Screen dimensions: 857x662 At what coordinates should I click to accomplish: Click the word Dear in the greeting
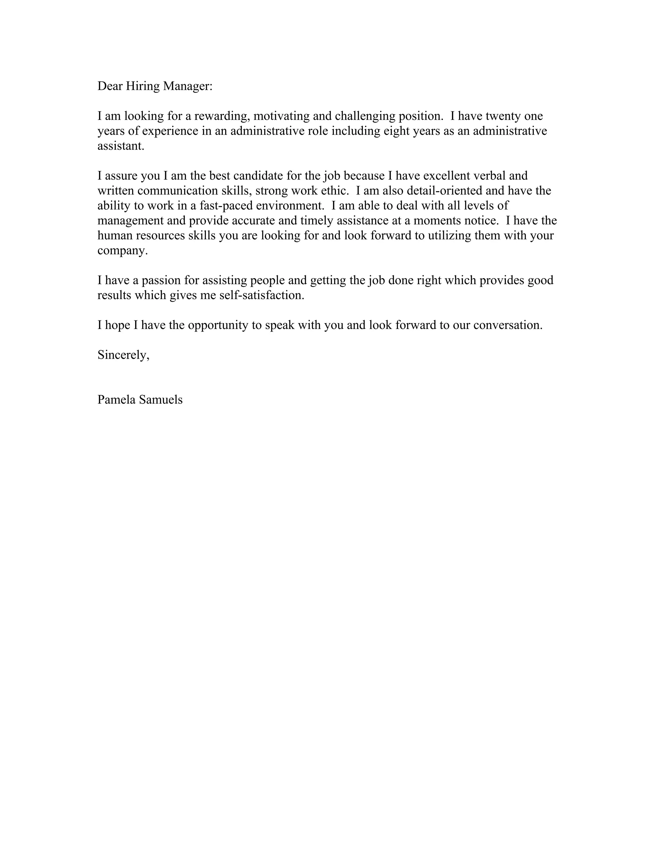coord(110,86)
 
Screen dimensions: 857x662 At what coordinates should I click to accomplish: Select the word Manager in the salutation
coord(187,86)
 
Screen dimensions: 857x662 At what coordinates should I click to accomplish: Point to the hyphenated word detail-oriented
coord(444,191)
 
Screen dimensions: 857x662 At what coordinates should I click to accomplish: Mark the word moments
coord(437,221)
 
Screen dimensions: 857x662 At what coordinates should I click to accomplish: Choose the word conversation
coord(507,325)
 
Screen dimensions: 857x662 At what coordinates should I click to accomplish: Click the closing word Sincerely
coord(123,355)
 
